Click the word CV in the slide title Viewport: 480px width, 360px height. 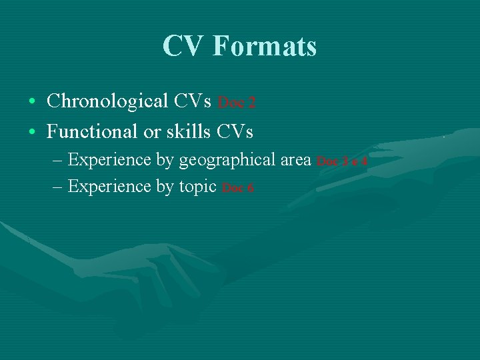click(184, 47)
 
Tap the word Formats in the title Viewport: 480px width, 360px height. click(265, 47)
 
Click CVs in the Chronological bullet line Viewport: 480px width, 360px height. click(193, 101)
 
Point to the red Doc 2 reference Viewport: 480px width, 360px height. click(237, 103)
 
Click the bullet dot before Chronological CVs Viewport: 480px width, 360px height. click(33, 102)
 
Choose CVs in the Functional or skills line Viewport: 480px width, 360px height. click(235, 132)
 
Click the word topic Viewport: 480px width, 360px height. click(197, 187)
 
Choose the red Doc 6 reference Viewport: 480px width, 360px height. click(237, 188)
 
